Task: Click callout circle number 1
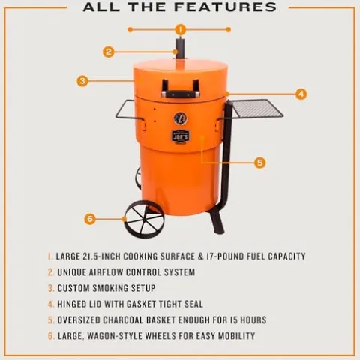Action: click(x=180, y=29)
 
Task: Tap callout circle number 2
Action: click(x=109, y=52)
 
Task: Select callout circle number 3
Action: click(x=82, y=80)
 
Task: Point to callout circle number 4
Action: click(x=301, y=94)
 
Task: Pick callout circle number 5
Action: click(x=259, y=162)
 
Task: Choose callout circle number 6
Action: click(x=90, y=219)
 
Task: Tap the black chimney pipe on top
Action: click(x=179, y=50)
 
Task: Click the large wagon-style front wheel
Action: click(x=143, y=219)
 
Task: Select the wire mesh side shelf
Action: click(x=256, y=109)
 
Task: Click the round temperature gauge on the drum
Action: click(x=180, y=118)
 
